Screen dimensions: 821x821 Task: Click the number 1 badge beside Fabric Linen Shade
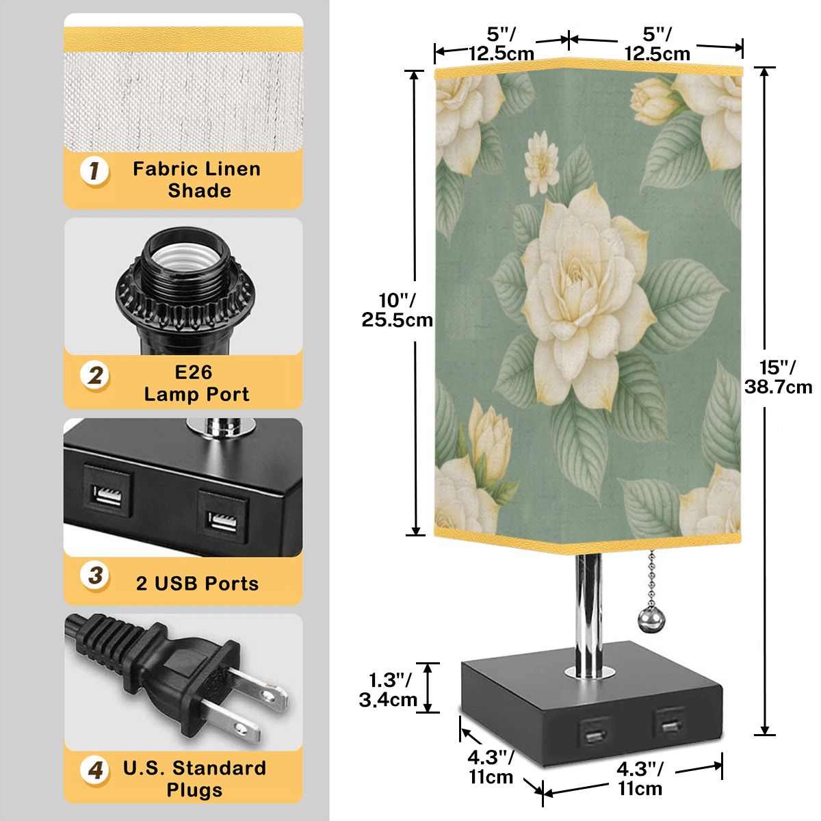94,171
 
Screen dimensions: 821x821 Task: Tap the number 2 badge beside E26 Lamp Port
94,376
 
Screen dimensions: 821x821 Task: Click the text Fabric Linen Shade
196,180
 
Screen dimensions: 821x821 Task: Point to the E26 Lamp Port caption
196,383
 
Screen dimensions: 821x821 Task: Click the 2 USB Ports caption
197,584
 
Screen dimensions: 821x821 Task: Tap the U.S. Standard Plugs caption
195,779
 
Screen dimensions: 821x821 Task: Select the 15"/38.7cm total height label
779,377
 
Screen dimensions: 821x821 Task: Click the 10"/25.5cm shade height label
397,310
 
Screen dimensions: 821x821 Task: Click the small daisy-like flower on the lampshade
541,164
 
